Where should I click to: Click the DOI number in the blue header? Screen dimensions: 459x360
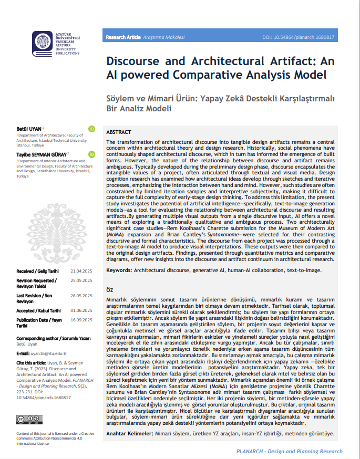pyautogui.click(x=298, y=38)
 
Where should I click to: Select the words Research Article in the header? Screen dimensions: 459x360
pyautogui.click(x=123, y=38)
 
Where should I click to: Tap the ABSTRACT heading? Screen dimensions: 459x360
pyautogui.click(x=119, y=132)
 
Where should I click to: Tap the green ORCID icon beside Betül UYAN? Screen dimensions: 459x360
pyautogui.click(x=91, y=129)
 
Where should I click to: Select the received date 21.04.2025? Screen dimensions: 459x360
pyautogui.click(x=81, y=270)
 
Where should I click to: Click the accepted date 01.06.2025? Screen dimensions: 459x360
pyautogui.click(x=81, y=310)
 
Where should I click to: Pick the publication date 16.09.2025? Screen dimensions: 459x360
pyautogui.click(x=81, y=320)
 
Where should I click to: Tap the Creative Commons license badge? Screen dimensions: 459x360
pyautogui.click(x=26, y=419)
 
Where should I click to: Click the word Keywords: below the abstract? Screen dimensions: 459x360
pyautogui.click(x=119, y=270)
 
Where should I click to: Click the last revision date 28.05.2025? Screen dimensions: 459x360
pyautogui.click(x=81, y=296)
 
